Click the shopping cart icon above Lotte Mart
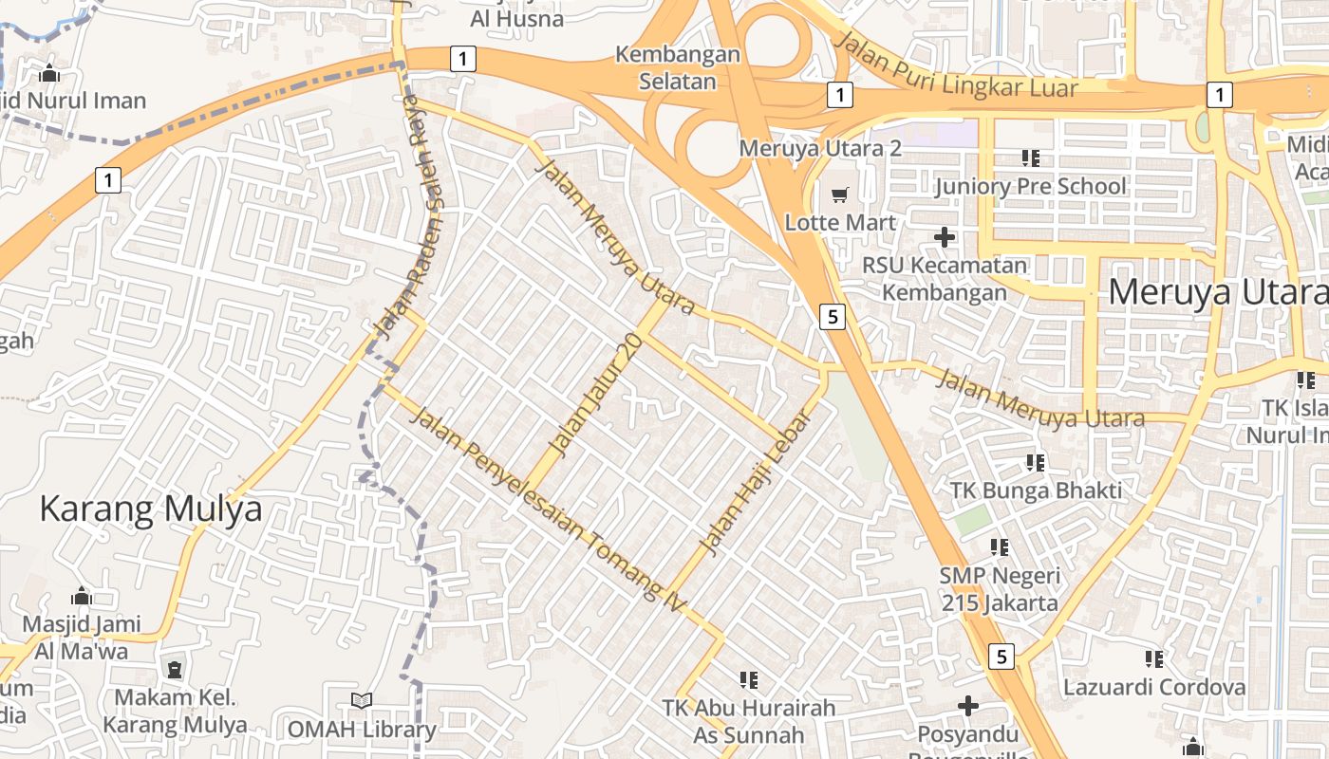(x=839, y=195)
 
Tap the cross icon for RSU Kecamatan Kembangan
(x=944, y=236)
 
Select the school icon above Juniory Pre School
(x=1030, y=157)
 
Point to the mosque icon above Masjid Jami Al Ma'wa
(x=82, y=596)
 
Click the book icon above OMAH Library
(x=361, y=701)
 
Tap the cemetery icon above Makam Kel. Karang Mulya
(x=175, y=670)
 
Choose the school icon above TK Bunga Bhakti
(x=1036, y=463)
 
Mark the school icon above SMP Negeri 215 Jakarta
(x=1000, y=547)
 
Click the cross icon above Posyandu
(x=967, y=706)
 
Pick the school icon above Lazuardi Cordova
(x=1154, y=658)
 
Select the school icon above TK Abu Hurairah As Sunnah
(x=749, y=679)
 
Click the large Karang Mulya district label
(x=151, y=509)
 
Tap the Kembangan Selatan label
(x=677, y=67)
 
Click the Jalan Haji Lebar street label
(x=757, y=482)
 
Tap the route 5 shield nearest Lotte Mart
(x=833, y=316)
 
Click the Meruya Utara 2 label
(x=819, y=149)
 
